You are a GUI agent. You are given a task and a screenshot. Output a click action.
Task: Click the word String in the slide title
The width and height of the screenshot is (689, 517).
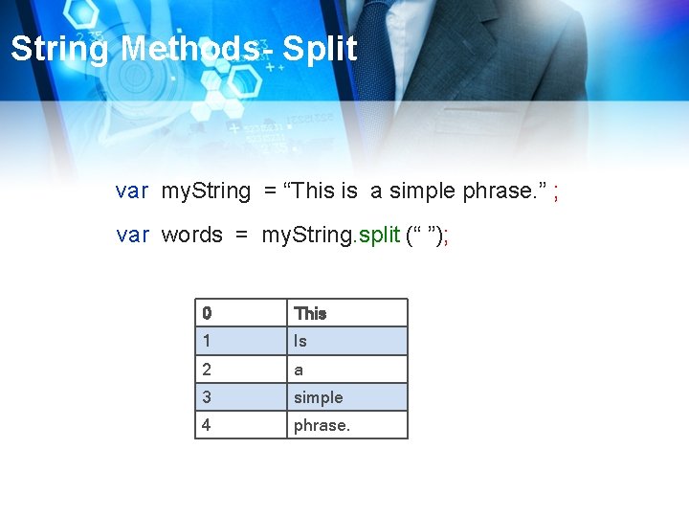coord(59,49)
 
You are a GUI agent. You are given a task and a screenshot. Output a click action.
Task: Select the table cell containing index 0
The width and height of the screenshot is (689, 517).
coord(241,313)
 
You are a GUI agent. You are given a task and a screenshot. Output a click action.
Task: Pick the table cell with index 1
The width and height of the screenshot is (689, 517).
coord(241,341)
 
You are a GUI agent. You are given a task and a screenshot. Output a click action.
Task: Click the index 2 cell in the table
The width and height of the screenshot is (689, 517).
coord(241,369)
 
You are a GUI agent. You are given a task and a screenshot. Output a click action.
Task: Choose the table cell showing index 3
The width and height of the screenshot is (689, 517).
coord(241,396)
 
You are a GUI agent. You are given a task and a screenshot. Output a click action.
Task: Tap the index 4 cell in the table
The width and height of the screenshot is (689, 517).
coord(241,424)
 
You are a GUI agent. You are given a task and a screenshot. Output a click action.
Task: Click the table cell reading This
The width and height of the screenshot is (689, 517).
coord(347,313)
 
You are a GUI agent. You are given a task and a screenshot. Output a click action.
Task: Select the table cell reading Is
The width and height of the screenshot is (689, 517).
coord(347,341)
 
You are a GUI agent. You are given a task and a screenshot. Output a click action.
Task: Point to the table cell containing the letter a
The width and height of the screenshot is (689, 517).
coord(347,369)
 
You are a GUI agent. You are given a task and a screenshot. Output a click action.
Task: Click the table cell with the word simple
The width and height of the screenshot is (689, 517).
coord(347,396)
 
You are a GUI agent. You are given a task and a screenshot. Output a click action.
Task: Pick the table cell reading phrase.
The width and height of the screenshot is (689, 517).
coord(347,424)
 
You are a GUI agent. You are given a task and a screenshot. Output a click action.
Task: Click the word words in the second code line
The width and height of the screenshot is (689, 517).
coord(191,236)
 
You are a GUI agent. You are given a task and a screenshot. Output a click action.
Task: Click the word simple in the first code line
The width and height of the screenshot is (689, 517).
coord(422,191)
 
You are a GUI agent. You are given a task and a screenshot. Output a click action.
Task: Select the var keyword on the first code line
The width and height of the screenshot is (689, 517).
coord(132,191)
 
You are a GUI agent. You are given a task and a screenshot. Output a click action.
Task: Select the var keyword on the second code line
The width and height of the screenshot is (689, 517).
coord(132,236)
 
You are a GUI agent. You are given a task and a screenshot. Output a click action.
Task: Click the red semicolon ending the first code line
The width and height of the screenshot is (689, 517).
coord(556,192)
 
